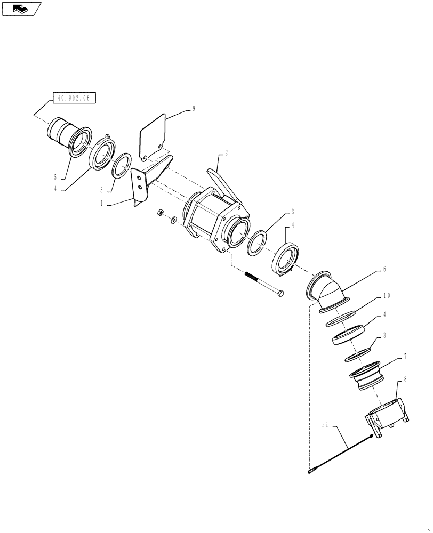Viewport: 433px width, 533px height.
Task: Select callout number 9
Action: [194, 108]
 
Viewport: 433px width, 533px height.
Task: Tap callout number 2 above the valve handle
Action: [226, 153]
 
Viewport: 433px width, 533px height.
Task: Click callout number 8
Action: [405, 380]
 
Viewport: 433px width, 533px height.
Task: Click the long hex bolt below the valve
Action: [264, 285]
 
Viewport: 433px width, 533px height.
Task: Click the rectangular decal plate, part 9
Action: [153, 137]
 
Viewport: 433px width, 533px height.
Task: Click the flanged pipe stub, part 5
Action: [68, 136]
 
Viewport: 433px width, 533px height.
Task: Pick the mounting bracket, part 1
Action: [149, 179]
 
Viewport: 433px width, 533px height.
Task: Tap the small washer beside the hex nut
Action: [174, 220]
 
